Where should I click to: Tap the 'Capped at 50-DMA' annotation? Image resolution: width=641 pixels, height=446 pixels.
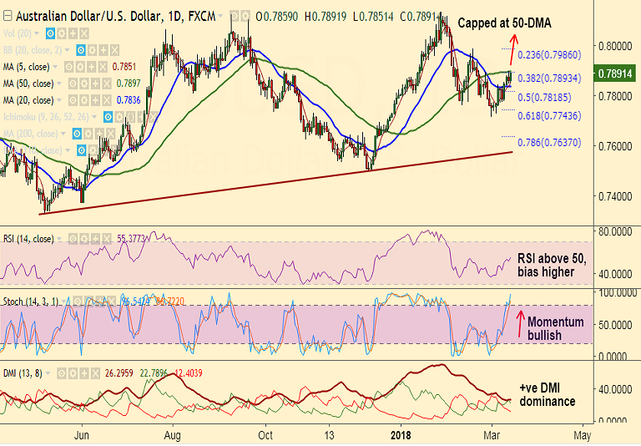tap(504, 23)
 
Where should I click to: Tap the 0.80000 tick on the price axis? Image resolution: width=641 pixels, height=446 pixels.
tap(616, 45)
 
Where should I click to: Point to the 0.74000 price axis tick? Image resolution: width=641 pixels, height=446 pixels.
tap(616, 196)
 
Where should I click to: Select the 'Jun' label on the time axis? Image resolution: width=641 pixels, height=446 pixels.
tap(81, 435)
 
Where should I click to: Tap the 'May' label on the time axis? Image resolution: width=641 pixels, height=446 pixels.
tap(583, 435)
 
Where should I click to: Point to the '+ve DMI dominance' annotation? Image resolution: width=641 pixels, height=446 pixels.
tap(548, 395)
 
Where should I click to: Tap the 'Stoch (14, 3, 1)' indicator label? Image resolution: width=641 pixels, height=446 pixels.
tap(34, 300)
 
